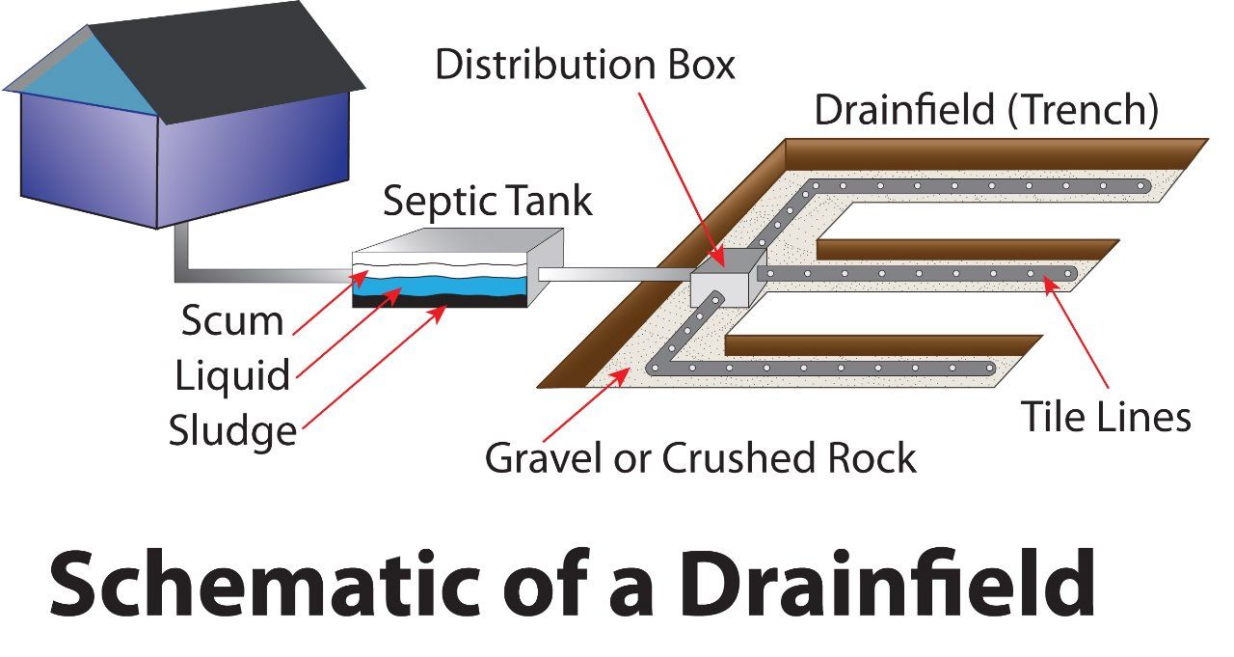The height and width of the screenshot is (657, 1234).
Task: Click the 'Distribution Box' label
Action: pyautogui.click(x=584, y=65)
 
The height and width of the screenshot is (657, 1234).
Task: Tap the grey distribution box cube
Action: pyautogui.click(x=724, y=280)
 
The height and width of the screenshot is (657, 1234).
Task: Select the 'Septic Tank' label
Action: pyautogui.click(x=488, y=202)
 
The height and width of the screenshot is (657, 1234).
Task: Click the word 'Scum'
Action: pyautogui.click(x=232, y=321)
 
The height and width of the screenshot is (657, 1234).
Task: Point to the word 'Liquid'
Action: pyautogui.click(x=232, y=375)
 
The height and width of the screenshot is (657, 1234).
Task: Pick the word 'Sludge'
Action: pyautogui.click(x=232, y=430)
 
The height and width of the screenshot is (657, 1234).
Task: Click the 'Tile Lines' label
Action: pyautogui.click(x=1106, y=417)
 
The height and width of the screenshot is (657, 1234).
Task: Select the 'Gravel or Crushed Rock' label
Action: pyautogui.click(x=700, y=457)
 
